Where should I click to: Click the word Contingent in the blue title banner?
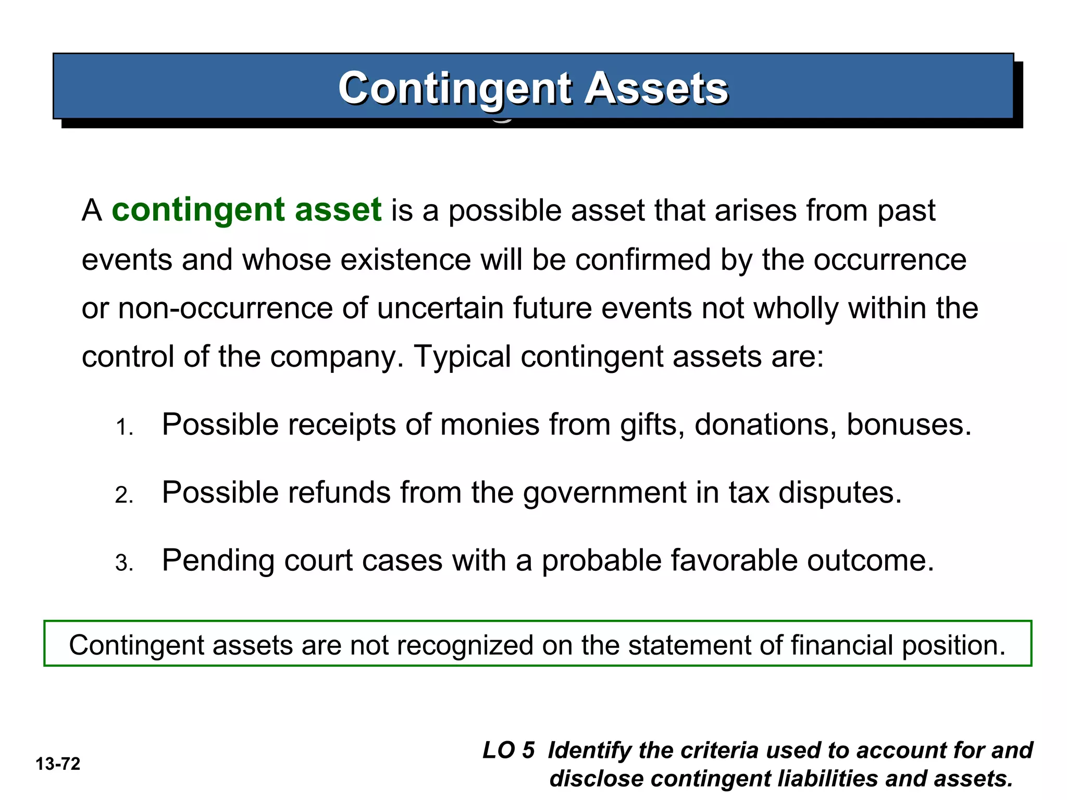pyautogui.click(x=456, y=88)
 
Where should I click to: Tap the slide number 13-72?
pyautogui.click(x=58, y=764)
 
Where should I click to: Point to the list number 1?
pyautogui.click(x=124, y=428)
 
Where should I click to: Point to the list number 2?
pyautogui.click(x=124, y=495)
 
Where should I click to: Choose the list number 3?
pyautogui.click(x=124, y=563)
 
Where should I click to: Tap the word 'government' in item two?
pyautogui.click(x=605, y=493)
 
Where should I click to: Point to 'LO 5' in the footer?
pyautogui.click(x=508, y=751)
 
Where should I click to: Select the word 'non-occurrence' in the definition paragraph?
pyautogui.click(x=225, y=308)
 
